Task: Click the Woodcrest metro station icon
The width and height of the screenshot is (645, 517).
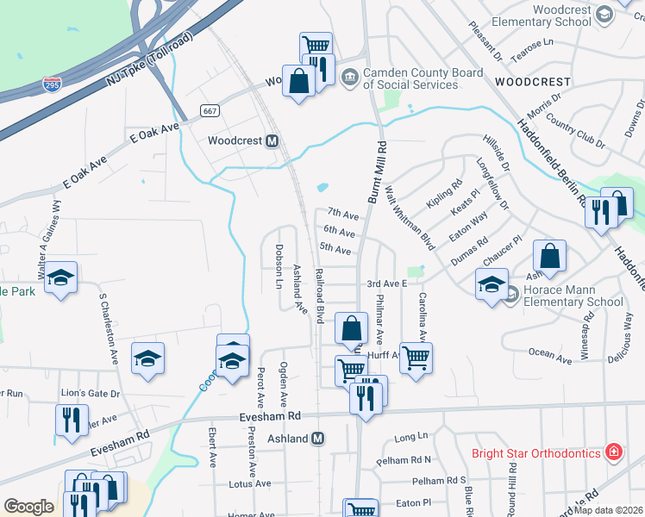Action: coord(272,140)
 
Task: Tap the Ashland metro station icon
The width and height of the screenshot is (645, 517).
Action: coord(317,439)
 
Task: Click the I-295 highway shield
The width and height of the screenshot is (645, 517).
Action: coord(51,84)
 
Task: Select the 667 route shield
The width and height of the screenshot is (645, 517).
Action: coord(209,110)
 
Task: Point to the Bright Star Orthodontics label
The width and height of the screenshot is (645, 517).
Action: coord(535,453)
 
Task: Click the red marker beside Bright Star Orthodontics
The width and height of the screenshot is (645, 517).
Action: coord(613,452)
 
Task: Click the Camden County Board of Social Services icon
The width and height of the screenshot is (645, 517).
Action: coord(349,78)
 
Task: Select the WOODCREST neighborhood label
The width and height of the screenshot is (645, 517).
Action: coord(532,82)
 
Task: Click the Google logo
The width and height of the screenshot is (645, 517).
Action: coord(28,507)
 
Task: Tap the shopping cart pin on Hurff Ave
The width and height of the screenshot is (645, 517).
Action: coord(416,357)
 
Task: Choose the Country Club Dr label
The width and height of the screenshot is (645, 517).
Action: coord(570,130)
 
